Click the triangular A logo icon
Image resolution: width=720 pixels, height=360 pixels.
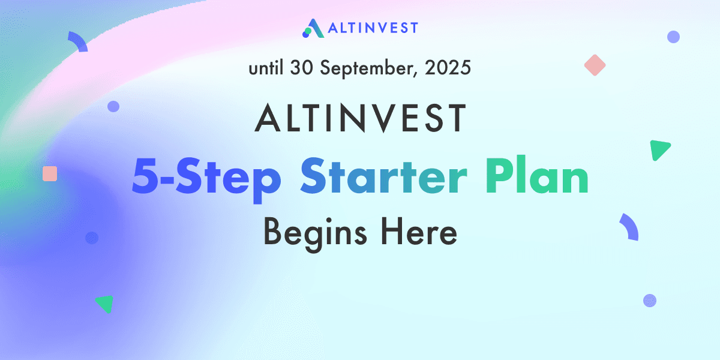[313, 28]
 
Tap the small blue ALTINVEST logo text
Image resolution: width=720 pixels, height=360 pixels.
[373, 28]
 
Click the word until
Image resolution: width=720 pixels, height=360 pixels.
[266, 68]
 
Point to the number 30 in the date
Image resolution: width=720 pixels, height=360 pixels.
[301, 68]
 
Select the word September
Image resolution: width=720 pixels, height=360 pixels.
[369, 69]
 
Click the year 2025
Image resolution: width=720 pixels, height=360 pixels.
[448, 68]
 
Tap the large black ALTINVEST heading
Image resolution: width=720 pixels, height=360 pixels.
[360, 118]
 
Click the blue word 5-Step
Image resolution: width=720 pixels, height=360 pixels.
[206, 178]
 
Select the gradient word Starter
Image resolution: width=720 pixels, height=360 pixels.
[383, 176]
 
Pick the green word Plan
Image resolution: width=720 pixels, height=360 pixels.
[537, 175]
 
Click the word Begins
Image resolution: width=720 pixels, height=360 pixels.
[315, 233]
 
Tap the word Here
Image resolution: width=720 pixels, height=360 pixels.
[419, 232]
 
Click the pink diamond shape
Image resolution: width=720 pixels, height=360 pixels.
[595, 65]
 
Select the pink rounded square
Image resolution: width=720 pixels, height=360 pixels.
[50, 173]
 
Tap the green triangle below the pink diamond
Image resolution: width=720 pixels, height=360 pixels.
[658, 149]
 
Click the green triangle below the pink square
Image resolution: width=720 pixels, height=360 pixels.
[106, 303]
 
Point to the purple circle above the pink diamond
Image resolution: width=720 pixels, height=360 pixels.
[673, 37]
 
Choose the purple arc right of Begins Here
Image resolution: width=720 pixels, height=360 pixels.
[631, 226]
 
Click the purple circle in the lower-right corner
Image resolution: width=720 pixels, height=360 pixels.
[650, 301]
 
